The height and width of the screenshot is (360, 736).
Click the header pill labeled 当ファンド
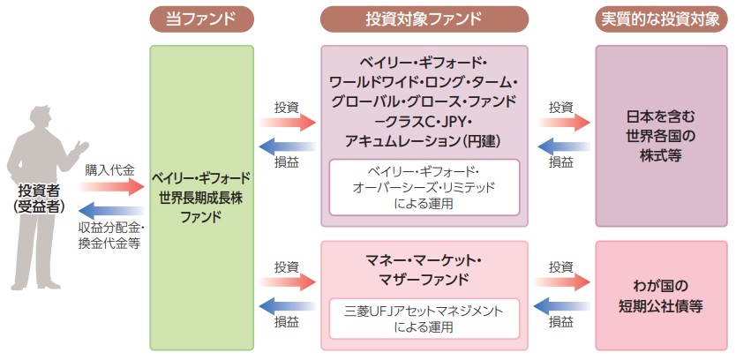[202, 18]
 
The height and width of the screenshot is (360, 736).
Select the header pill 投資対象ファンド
[424, 18]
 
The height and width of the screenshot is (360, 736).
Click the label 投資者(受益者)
[41, 198]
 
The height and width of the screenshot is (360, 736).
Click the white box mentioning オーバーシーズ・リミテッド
[424, 188]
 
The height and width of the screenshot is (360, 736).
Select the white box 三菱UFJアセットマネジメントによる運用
[424, 318]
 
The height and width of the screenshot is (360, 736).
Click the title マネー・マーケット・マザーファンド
[424, 270]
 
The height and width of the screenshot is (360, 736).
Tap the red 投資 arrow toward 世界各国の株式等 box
[561, 124]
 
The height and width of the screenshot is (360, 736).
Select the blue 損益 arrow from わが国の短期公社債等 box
[561, 305]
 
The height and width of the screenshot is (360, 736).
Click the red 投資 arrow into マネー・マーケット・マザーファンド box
[287, 281]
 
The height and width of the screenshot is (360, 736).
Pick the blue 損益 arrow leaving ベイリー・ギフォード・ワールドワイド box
[287, 146]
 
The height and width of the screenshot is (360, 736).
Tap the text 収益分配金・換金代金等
[110, 236]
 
